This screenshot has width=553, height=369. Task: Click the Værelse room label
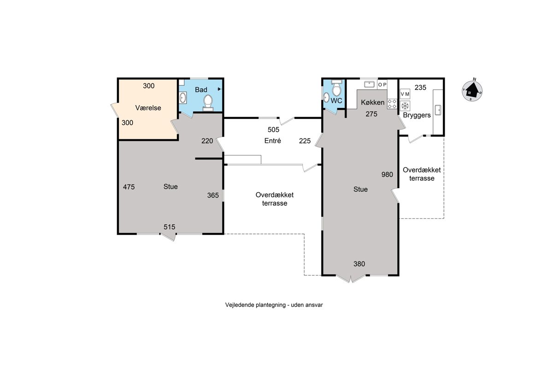(x=148, y=108)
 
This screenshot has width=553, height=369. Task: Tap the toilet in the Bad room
(x=208, y=103)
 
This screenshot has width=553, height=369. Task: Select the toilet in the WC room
(x=337, y=88)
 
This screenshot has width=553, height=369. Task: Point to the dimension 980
(x=387, y=174)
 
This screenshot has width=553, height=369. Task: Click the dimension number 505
(x=273, y=130)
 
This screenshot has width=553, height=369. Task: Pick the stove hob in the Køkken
(x=392, y=104)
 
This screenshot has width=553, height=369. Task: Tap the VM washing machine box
(x=405, y=94)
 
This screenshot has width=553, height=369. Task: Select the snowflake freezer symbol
(x=405, y=106)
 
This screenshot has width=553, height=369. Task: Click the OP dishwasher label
(x=382, y=85)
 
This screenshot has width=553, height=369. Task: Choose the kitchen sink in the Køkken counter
(x=369, y=84)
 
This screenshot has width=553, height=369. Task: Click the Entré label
(x=272, y=141)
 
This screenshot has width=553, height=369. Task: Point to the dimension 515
(x=170, y=227)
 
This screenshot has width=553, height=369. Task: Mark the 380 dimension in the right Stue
(x=359, y=264)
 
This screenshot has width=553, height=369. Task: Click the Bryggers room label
(x=417, y=115)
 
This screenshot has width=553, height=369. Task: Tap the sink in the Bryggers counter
(x=438, y=110)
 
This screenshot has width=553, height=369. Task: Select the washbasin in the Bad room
(x=182, y=98)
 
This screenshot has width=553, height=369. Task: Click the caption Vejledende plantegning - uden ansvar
(x=274, y=305)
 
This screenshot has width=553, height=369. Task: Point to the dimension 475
(x=129, y=187)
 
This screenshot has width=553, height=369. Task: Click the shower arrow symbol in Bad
(x=219, y=89)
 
